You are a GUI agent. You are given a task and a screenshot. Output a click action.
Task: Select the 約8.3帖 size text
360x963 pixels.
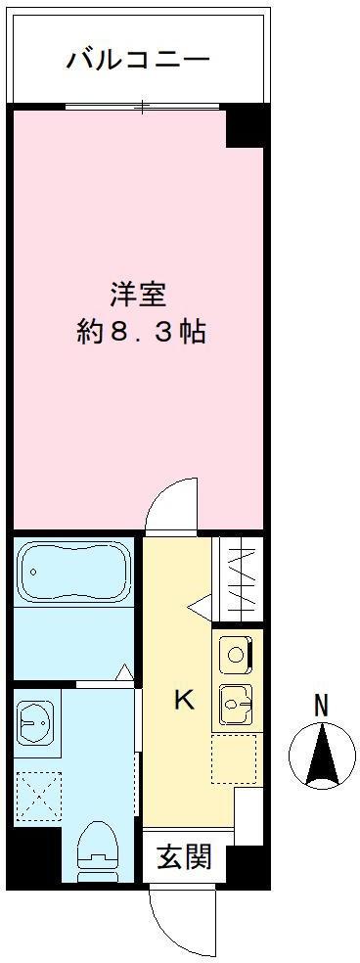pyautogui.click(x=141, y=334)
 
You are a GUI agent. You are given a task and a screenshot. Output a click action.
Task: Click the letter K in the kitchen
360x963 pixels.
pyautogui.click(x=184, y=700)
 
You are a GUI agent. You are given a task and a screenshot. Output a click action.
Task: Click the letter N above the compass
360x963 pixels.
pyautogui.click(x=320, y=706)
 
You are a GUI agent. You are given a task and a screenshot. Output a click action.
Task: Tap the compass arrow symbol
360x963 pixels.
pyautogui.click(x=322, y=755)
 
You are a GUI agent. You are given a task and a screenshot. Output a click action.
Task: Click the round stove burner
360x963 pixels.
pyautogui.click(x=236, y=654)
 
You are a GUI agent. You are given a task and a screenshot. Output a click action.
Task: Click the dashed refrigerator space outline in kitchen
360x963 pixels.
pyautogui.click(x=234, y=757)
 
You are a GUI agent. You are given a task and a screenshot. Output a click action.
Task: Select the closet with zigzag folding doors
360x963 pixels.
pyautogui.click(x=240, y=577)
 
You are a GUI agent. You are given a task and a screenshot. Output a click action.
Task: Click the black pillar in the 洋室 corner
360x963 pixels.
pyautogui.click(x=246, y=128)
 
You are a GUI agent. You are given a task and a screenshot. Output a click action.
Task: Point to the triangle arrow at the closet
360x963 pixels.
pyautogui.click(x=199, y=607)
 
